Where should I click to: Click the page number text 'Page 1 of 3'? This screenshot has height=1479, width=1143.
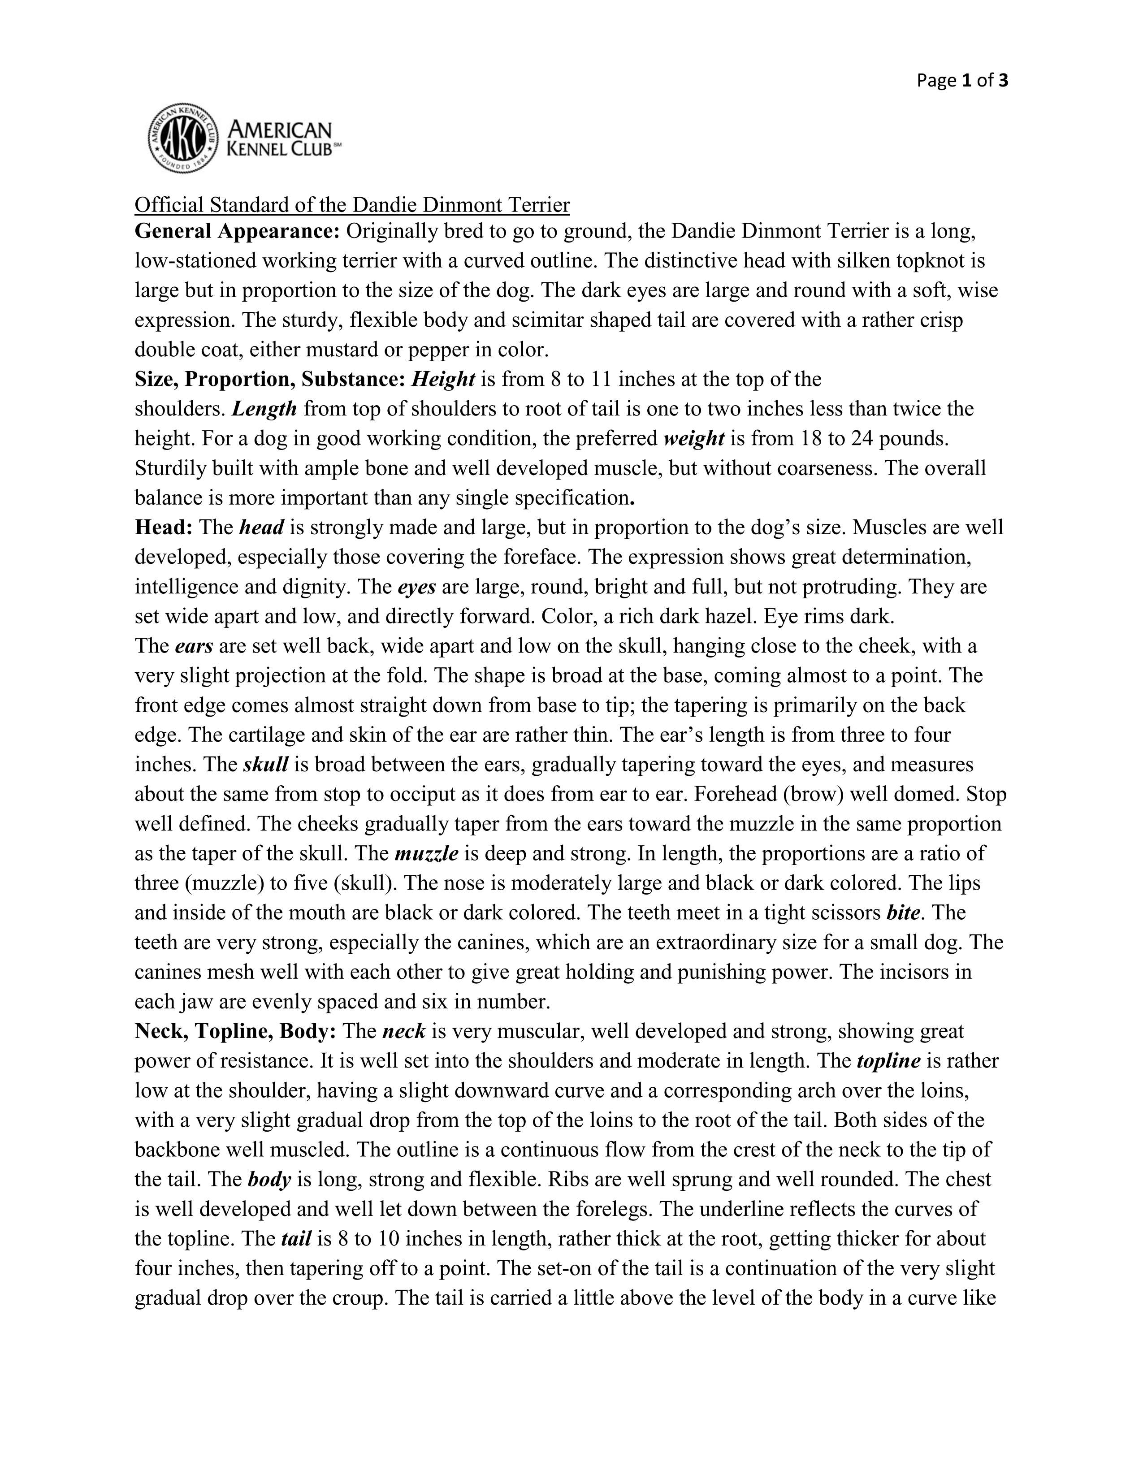pos(962,81)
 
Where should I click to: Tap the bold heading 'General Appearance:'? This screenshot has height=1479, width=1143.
pos(237,232)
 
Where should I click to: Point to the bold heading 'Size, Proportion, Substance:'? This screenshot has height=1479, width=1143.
pos(269,379)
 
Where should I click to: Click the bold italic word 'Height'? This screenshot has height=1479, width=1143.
pos(443,379)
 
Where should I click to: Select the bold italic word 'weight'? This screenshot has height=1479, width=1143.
pos(694,439)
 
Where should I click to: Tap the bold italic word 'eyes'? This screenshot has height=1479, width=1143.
pos(416,587)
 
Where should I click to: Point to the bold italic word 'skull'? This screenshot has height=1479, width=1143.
pos(265,765)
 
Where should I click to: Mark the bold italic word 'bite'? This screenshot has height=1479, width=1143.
pos(903,913)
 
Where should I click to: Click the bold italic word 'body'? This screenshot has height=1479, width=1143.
pos(269,1180)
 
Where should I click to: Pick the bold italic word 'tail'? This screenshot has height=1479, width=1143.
pos(295,1239)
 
